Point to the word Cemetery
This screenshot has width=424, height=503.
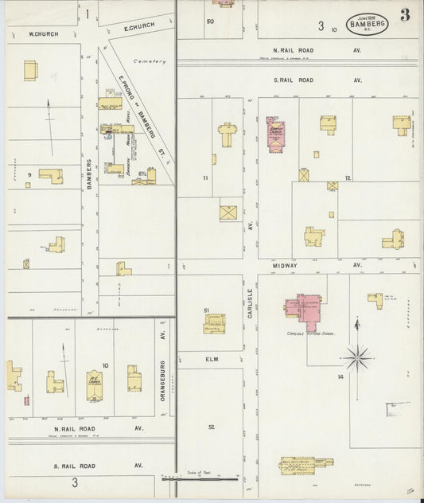tap(147, 60)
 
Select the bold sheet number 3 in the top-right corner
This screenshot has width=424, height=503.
tap(405, 15)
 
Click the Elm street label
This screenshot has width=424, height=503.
tap(211, 359)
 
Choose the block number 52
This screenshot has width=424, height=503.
tap(212, 427)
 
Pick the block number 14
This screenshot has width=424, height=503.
tap(340, 375)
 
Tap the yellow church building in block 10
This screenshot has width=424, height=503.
tap(95, 381)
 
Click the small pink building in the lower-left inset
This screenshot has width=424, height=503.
tap(26, 400)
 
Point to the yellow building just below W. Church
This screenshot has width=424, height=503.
tap(30, 71)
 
